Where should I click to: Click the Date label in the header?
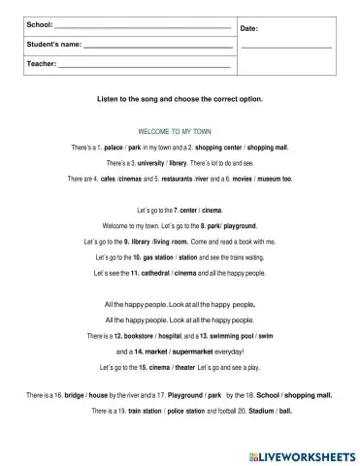(x=248, y=29)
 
